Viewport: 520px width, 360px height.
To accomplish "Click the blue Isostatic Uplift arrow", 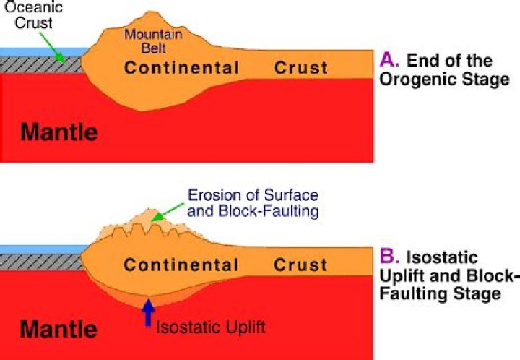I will pos(149,312).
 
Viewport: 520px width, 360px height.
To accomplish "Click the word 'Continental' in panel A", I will pos(181,69).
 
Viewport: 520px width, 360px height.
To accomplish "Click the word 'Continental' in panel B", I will pos(181,265).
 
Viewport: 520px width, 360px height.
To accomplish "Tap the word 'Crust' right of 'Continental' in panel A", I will pos(300,69).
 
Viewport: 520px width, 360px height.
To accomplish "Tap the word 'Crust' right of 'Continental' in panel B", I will pos(300,265).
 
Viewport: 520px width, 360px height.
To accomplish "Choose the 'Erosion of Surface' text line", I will pos(253,195).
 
